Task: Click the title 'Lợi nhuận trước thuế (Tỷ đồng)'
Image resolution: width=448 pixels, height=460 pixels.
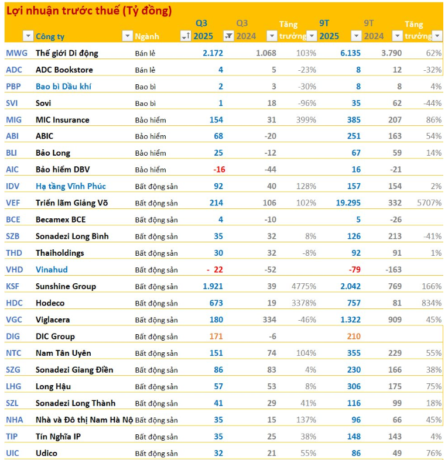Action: coord(88,11)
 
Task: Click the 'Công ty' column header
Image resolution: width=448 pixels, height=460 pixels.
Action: coord(50,36)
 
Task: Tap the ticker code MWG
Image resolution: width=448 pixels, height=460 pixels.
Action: coord(16,53)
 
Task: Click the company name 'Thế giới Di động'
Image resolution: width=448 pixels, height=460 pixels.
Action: coord(67,53)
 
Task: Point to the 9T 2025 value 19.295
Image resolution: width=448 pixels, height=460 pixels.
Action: coord(343,203)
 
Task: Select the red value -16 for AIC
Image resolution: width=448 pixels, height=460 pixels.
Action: coord(219,170)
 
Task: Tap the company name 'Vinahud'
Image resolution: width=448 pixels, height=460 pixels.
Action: coord(52,270)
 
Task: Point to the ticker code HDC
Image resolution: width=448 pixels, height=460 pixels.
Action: coord(15,303)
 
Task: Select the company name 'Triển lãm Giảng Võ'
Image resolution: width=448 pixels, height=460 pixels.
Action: coord(71,203)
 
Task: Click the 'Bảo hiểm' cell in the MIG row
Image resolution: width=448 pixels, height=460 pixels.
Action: coord(151,120)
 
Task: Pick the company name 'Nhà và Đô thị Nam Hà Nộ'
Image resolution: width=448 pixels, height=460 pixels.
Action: coord(84,420)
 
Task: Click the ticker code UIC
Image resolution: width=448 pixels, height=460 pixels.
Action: coord(13,453)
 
